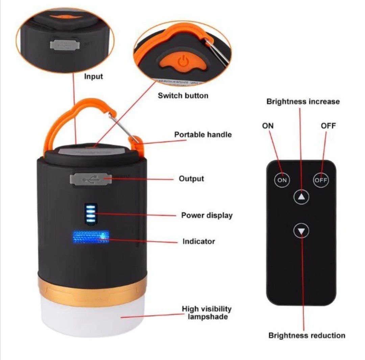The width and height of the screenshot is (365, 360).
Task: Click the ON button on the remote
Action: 282,180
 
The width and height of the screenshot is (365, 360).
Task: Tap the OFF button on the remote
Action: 321,180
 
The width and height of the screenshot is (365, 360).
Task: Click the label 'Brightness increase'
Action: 303,102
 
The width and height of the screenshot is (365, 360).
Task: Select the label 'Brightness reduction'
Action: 307,336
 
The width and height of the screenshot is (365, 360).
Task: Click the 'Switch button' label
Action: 183,95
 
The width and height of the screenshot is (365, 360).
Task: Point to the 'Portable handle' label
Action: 203,135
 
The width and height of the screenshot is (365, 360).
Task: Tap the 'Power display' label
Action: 207,215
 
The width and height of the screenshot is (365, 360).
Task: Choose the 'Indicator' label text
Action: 199,241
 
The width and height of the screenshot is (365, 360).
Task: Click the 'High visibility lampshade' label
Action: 207,313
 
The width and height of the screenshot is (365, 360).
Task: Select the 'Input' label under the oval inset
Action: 93,77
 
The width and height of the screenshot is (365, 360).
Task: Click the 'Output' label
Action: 191,179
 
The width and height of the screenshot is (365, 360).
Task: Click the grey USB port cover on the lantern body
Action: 91,179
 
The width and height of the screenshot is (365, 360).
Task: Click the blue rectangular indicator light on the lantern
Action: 91,237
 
